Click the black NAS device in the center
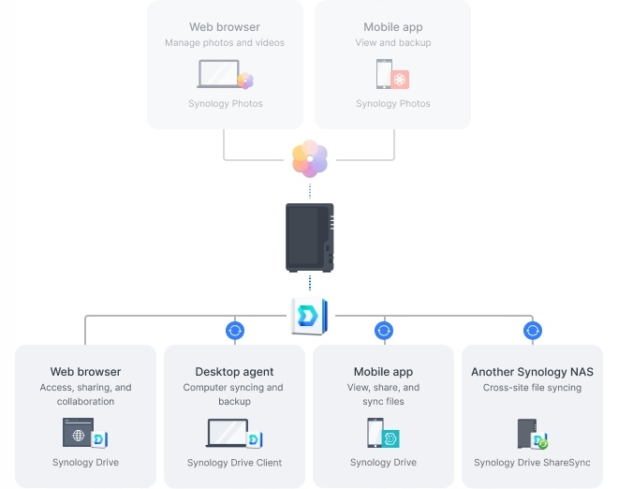(x=310, y=237)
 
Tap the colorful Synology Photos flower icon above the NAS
(x=310, y=158)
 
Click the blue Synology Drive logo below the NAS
(x=310, y=317)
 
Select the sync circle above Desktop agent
(x=235, y=331)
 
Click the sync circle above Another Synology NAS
(x=533, y=331)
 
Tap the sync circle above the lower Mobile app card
(x=384, y=331)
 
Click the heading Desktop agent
(x=234, y=372)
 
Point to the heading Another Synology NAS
(x=532, y=372)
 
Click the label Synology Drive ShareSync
(x=532, y=462)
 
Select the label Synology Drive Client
(x=234, y=462)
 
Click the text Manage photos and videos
(x=225, y=42)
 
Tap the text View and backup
(x=393, y=42)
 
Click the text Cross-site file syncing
(x=532, y=388)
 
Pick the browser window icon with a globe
(x=78, y=432)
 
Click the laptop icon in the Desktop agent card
(x=228, y=433)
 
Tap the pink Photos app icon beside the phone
(x=400, y=80)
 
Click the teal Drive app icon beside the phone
(x=390, y=438)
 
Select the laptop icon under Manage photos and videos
(x=219, y=74)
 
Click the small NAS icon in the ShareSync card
(x=527, y=434)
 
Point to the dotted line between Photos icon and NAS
(x=310, y=191)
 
